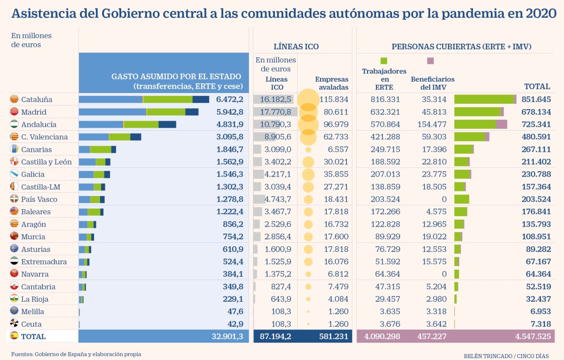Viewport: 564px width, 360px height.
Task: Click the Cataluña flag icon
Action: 15,99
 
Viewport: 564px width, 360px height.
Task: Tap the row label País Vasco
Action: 39,199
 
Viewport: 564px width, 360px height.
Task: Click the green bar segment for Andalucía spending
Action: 141,125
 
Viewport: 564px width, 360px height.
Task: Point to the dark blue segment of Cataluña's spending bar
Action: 201,99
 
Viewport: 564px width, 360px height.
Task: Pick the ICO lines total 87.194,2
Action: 275,337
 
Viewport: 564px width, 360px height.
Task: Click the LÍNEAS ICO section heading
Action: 296,47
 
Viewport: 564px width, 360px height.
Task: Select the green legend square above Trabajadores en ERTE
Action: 384,61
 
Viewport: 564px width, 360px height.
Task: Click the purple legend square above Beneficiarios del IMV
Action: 430,61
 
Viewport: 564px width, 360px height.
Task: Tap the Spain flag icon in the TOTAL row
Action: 15,336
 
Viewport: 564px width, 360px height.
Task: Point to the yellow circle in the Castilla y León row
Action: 308,162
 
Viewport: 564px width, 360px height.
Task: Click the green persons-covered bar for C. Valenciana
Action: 470,137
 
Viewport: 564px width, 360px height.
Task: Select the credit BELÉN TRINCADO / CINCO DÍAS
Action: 506,356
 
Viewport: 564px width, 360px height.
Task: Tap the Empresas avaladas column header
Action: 332,83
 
